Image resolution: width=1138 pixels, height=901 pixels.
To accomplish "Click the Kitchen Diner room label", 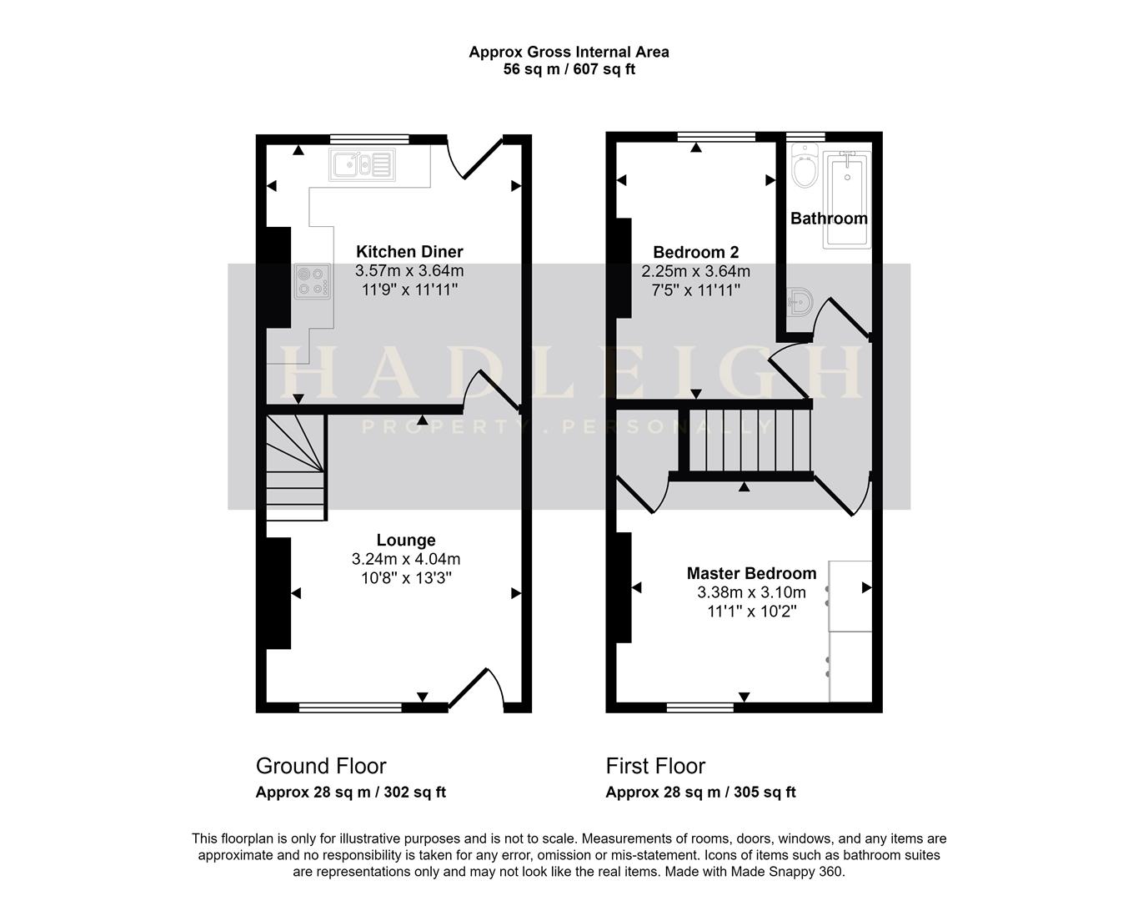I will [409, 252].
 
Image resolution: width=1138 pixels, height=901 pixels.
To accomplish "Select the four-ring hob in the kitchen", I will [312, 280].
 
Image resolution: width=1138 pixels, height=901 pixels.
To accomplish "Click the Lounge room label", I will [406, 541].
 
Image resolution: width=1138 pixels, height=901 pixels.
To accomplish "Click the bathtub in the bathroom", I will [847, 199].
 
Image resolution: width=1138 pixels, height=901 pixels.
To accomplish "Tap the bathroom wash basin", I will [800, 302].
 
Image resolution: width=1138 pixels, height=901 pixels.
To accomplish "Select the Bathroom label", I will [829, 219].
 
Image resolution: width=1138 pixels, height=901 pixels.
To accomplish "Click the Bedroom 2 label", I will [695, 252].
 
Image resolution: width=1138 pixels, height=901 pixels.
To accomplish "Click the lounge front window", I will [350, 707].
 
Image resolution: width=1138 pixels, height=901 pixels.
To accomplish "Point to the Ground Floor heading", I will [321, 766].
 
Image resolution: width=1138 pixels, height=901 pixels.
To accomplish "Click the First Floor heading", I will [655, 766].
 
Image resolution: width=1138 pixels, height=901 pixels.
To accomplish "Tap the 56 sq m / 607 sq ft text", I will [569, 69].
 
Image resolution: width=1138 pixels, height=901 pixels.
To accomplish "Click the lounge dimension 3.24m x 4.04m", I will [406, 559].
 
